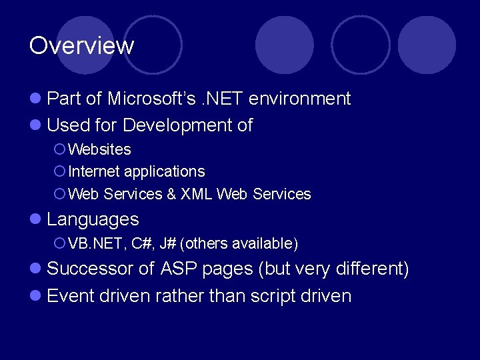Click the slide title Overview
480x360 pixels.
pyautogui.click(x=81, y=46)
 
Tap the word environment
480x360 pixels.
pyautogui.click(x=299, y=99)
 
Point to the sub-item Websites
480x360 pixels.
pyautogui.click(x=99, y=149)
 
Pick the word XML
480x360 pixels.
pyautogui.click(x=197, y=194)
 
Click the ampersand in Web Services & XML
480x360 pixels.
pyautogui.click(x=171, y=194)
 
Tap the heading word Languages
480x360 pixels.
pyautogui.click(x=93, y=219)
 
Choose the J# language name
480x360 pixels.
pyautogui.click(x=167, y=244)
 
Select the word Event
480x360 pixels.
pyautogui.click(x=71, y=295)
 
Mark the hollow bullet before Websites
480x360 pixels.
pyautogui.click(x=59, y=149)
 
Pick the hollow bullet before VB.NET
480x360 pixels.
pyautogui.click(x=59, y=244)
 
